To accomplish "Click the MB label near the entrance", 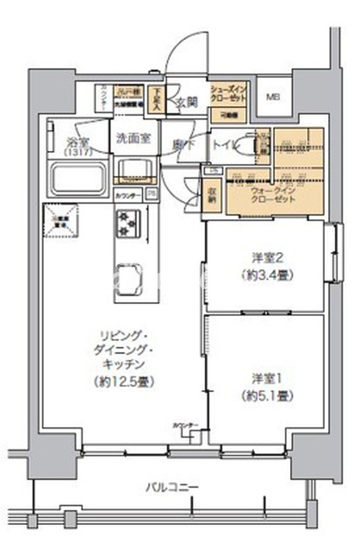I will pos(273,98).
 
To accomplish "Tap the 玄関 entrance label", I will pos(187,102).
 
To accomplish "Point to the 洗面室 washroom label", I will pos(134,139).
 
